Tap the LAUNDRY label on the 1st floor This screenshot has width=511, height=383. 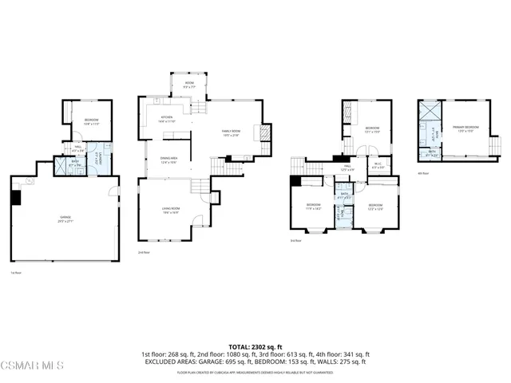pyautogui.click(x=97, y=158)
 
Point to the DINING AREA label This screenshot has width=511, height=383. pyautogui.click(x=168, y=160)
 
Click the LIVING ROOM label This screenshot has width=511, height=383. pyautogui.click(x=171, y=210)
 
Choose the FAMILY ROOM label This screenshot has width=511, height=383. pyautogui.click(x=230, y=133)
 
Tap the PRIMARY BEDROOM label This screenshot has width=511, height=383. pyautogui.click(x=465, y=128)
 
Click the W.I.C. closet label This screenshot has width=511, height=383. pyautogui.click(x=378, y=166)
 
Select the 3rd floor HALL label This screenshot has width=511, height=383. pyautogui.click(x=347, y=168)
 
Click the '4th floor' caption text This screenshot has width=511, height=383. pyautogui.click(x=422, y=173)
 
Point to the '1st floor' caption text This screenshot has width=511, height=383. pyautogui.click(x=15, y=272)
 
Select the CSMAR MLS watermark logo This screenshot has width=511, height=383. pyautogui.click(x=32, y=366)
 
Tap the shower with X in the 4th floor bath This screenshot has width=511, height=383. pyautogui.click(x=430, y=110)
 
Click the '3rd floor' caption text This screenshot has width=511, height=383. pyautogui.click(x=295, y=240)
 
